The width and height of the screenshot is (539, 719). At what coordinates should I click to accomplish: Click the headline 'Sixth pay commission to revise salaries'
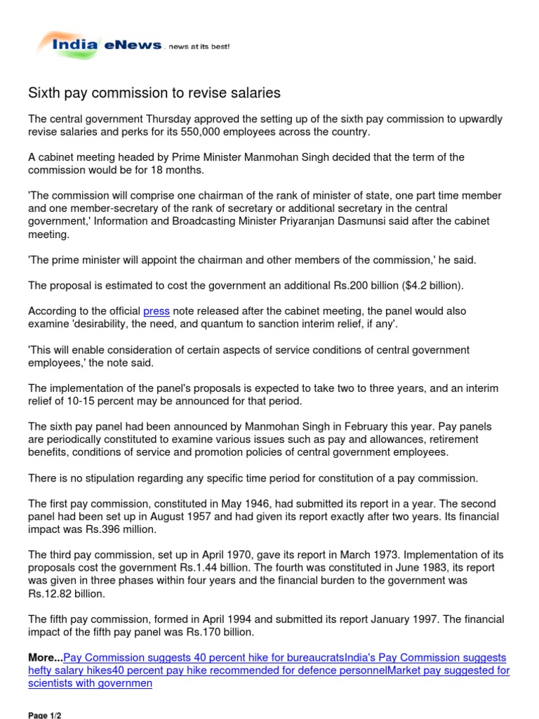click(154, 93)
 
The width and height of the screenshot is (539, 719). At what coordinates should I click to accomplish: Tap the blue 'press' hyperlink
click(157, 310)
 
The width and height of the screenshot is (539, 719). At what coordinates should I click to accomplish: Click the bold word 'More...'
click(46, 657)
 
